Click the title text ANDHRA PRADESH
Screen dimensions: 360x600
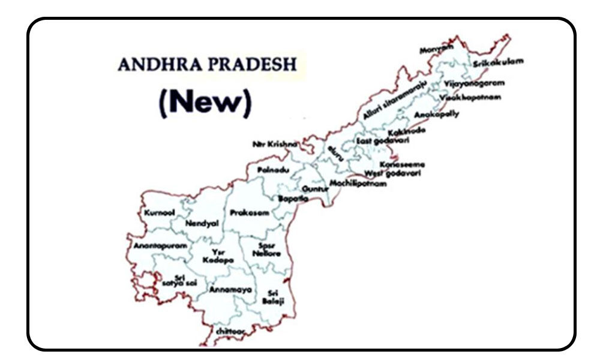207,65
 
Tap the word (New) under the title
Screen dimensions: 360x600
204,103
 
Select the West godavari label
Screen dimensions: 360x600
392,173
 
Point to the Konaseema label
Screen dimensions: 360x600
402,164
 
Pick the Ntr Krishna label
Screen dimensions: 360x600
274,145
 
